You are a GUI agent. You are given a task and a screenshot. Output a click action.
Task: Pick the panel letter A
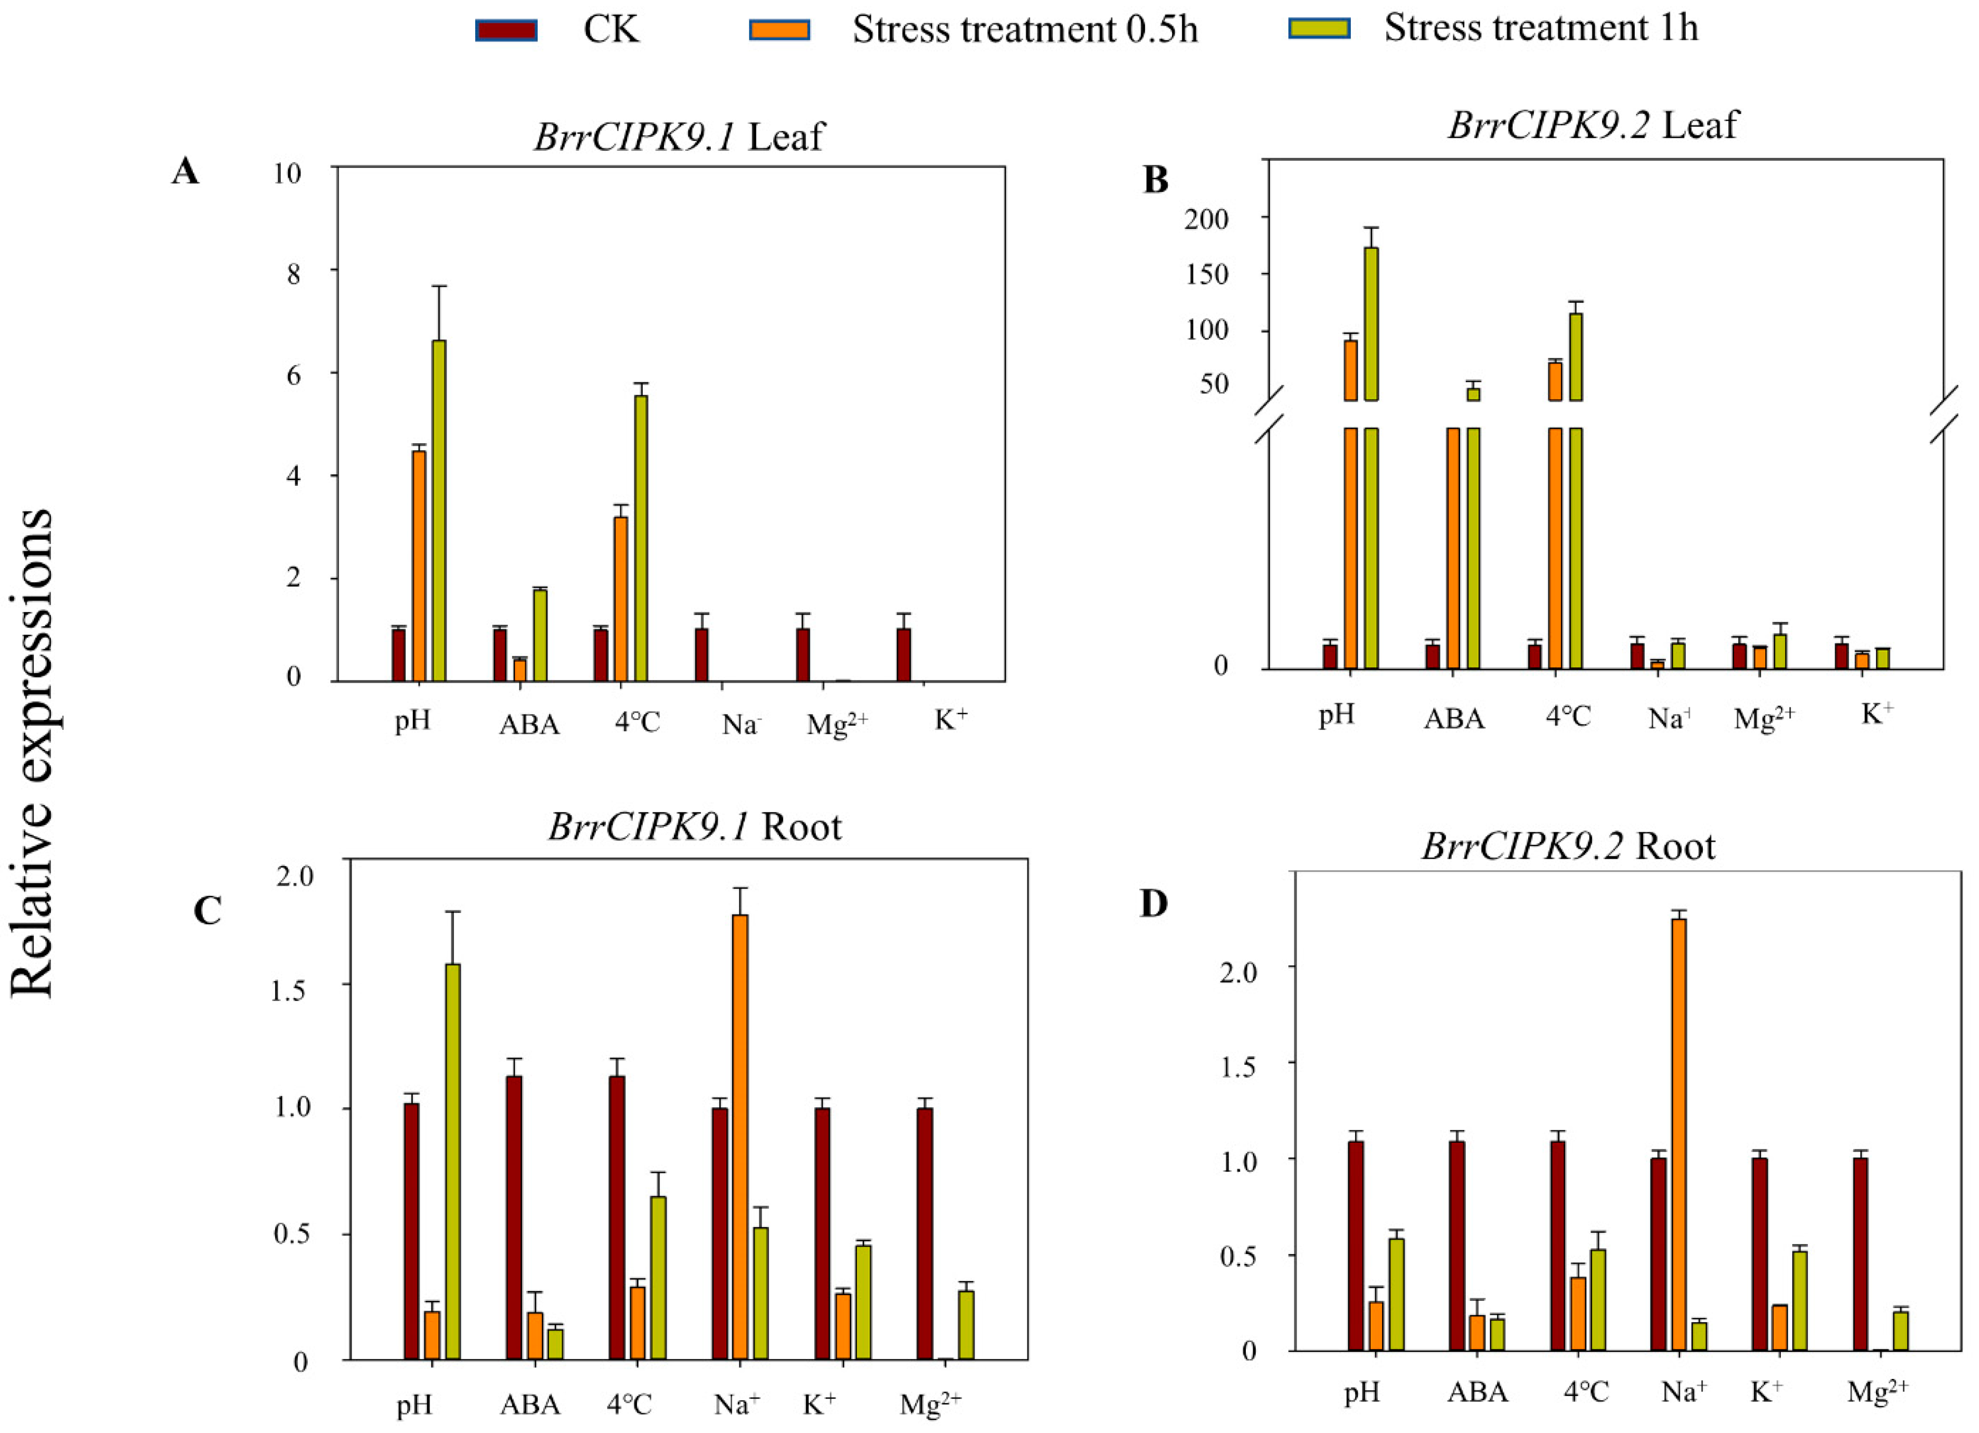185,171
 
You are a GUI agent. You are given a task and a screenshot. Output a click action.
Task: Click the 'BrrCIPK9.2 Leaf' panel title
1593,125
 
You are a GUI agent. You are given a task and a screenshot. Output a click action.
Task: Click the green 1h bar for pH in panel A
439,511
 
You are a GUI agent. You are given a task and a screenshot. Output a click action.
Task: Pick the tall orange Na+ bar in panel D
1679,1134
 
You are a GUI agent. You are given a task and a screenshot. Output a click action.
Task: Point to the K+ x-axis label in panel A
951,719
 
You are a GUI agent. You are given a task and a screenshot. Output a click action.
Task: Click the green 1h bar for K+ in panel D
1799,1300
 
